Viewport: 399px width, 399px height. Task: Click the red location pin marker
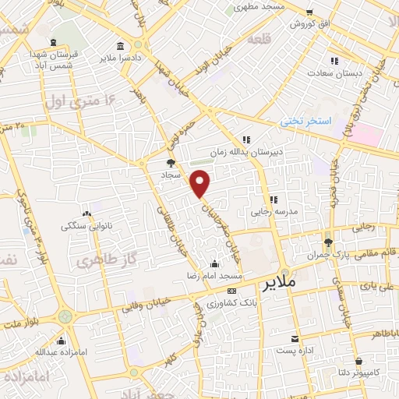click(x=201, y=183)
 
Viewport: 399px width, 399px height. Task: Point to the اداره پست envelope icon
click(x=295, y=339)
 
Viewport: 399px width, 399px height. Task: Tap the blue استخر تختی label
click(x=306, y=122)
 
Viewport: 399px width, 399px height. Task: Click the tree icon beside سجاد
click(x=171, y=163)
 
